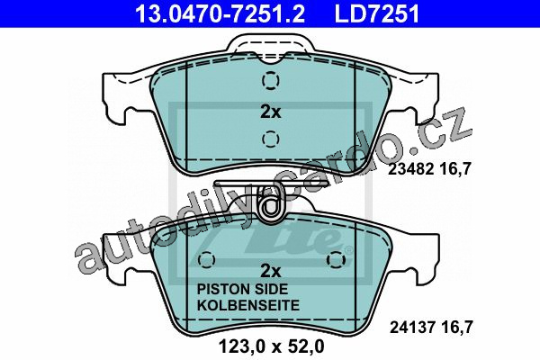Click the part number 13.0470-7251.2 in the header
coord(220,13)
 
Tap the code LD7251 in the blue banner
coord(377,13)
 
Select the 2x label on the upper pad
coord(270,112)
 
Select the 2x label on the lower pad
coord(270,271)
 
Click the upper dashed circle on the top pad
coord(270,81)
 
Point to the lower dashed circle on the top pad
coord(270,139)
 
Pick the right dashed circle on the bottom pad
coord(336,259)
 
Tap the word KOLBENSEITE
coord(248,305)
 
